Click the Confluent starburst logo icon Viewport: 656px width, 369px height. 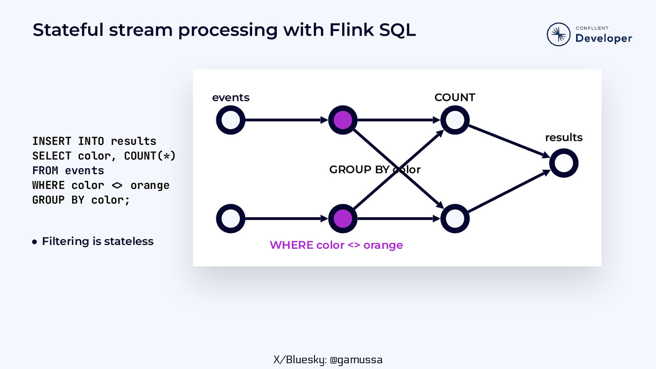coord(558,34)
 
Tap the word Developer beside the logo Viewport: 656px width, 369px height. coord(604,39)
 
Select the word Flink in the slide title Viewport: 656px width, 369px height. coord(351,30)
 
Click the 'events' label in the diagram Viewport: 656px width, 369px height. coord(231,98)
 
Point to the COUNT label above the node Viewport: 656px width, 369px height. coord(455,98)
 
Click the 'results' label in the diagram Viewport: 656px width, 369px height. coord(564,137)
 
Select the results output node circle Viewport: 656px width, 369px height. coord(564,163)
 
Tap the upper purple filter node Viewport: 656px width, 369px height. coord(343,120)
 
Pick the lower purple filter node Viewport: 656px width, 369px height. coord(343,219)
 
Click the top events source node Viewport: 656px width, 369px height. coord(231,120)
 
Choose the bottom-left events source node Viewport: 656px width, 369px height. coord(231,219)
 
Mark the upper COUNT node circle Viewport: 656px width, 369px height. coord(455,120)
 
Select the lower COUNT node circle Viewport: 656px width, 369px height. coord(455,219)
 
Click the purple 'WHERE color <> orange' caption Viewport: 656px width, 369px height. coord(336,245)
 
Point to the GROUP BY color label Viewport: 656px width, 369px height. coord(375,169)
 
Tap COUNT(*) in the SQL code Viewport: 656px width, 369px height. coord(150,156)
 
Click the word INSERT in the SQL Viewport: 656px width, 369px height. coord(52,141)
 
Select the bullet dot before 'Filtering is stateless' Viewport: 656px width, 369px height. coord(34,242)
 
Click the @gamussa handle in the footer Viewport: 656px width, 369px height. coord(356,360)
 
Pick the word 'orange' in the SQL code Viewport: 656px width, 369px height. coord(150,185)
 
